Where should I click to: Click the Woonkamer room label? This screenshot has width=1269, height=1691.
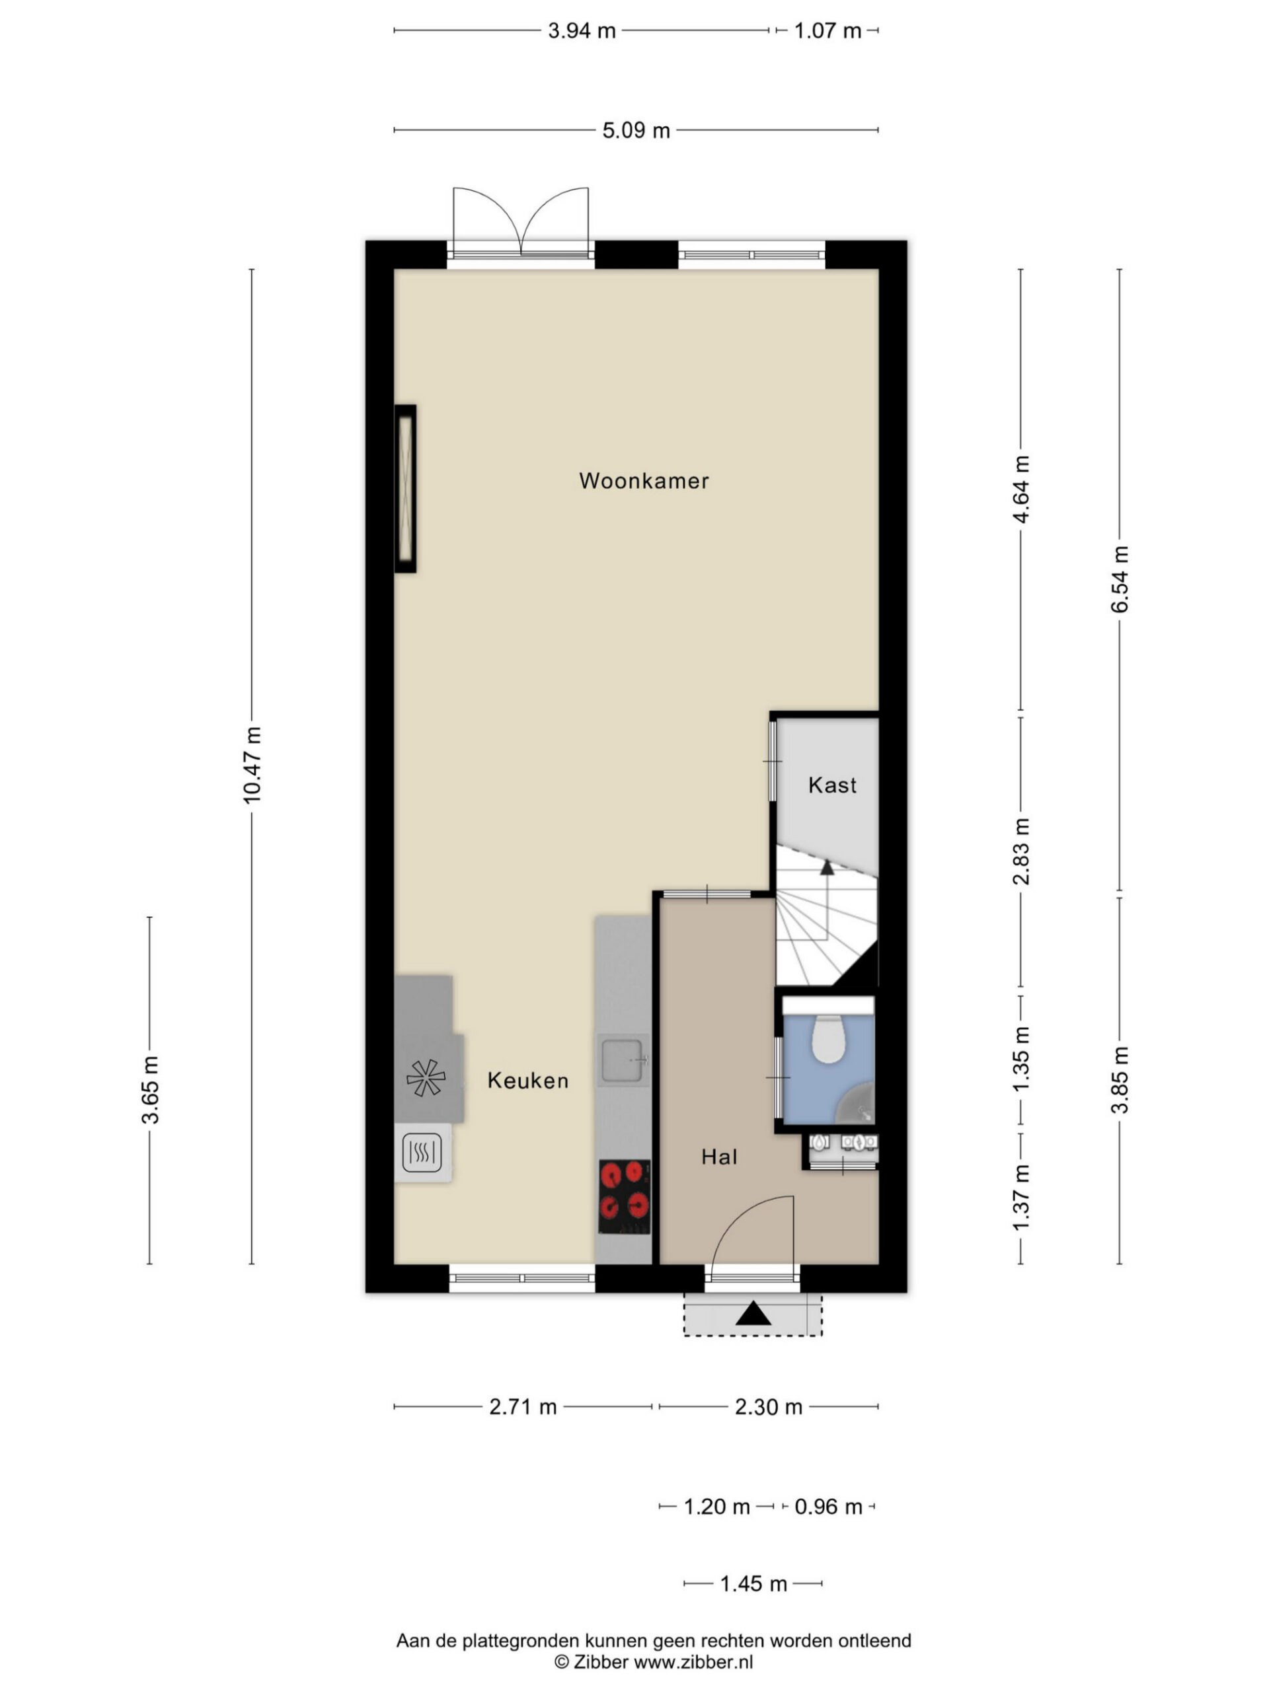(x=643, y=480)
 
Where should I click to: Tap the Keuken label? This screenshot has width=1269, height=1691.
(x=528, y=1080)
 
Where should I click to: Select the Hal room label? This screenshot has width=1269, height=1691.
(x=719, y=1157)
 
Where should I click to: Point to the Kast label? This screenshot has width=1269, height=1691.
(x=832, y=785)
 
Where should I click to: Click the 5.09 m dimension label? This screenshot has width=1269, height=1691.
(x=636, y=131)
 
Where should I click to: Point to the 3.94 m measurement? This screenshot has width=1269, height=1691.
(x=582, y=30)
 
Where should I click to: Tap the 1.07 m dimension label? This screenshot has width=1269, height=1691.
(x=827, y=30)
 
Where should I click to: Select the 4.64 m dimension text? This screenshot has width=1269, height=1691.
(x=1021, y=489)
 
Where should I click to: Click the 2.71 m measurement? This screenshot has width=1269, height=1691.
(x=523, y=1406)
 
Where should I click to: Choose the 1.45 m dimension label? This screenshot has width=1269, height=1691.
(x=753, y=1583)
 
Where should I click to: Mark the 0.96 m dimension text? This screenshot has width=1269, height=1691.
(x=828, y=1506)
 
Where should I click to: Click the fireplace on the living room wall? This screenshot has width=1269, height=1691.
(x=405, y=489)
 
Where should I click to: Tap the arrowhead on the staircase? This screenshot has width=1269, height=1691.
(x=826, y=866)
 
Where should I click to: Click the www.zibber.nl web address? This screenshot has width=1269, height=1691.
(x=694, y=1662)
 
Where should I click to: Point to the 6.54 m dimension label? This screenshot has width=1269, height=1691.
(x=1120, y=579)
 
